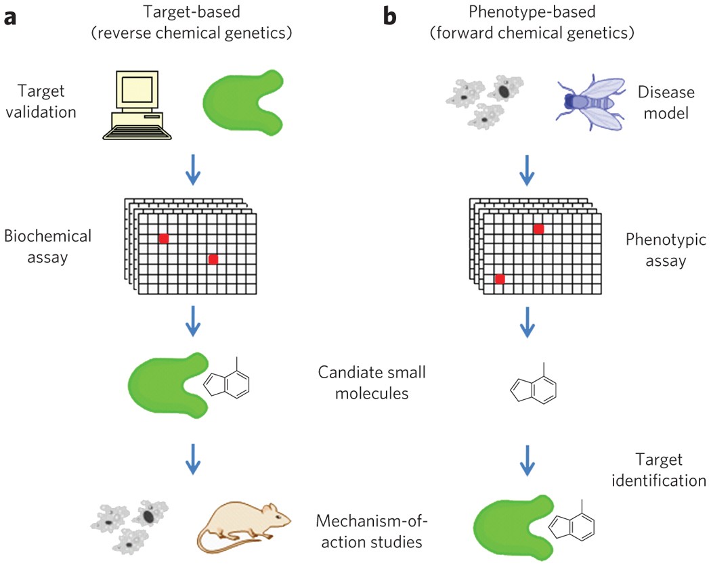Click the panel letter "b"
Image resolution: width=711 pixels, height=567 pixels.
coord(390,16)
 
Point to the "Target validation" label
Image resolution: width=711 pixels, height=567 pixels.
coord(47,101)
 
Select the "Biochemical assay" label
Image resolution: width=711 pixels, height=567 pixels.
coord(47,247)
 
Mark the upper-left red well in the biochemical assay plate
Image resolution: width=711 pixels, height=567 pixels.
coord(164,238)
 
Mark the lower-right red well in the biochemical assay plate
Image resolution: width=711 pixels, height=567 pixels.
coord(213,259)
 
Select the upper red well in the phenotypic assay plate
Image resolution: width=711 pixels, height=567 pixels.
coord(538,229)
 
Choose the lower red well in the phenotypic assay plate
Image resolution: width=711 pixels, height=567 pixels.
coord(500,279)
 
